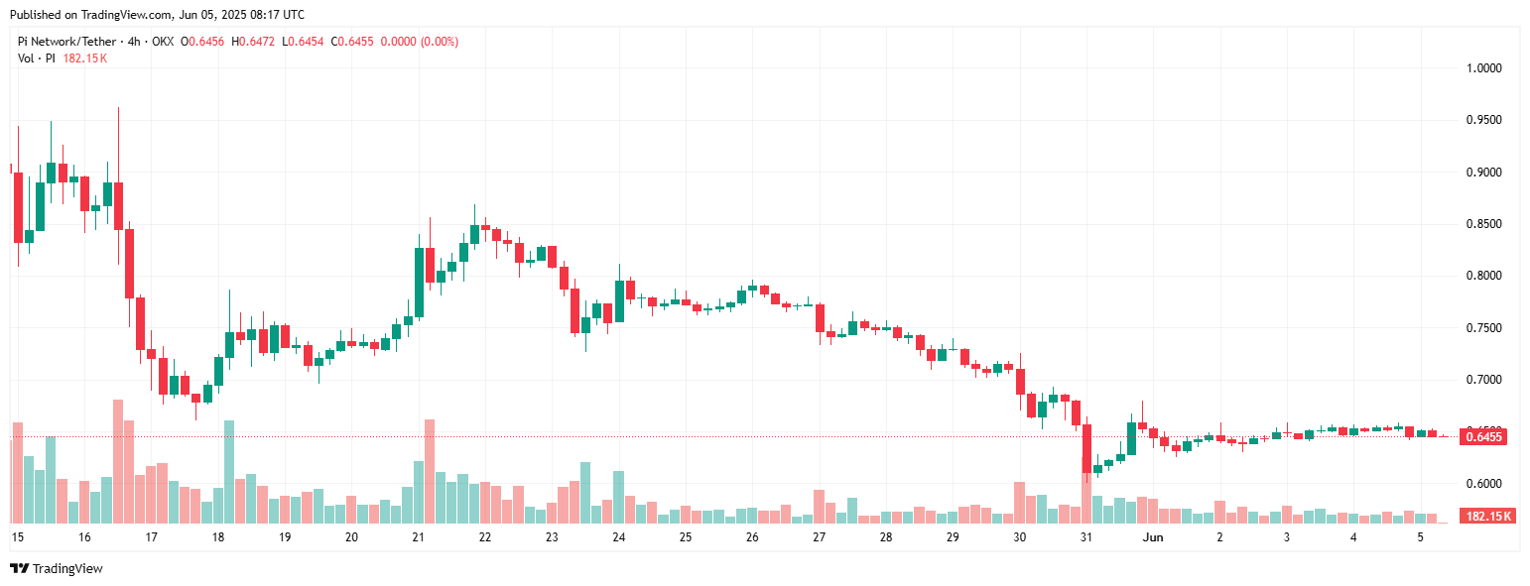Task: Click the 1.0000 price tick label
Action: coord(1484,68)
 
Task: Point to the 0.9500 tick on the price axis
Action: coord(1484,120)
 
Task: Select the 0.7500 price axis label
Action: coord(1484,328)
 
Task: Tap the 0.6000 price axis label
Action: coord(1484,484)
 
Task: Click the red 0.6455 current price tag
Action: coord(1483,437)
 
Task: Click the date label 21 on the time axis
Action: coord(418,537)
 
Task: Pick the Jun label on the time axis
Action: coord(1152,537)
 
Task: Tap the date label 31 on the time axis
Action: coord(1086,537)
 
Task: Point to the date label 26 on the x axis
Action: coord(752,537)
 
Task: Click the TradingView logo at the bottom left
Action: coord(57,568)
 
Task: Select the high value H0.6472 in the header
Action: coord(254,42)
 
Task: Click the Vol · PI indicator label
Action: coord(37,59)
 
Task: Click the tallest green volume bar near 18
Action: coord(229,472)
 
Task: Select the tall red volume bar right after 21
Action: coord(430,471)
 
